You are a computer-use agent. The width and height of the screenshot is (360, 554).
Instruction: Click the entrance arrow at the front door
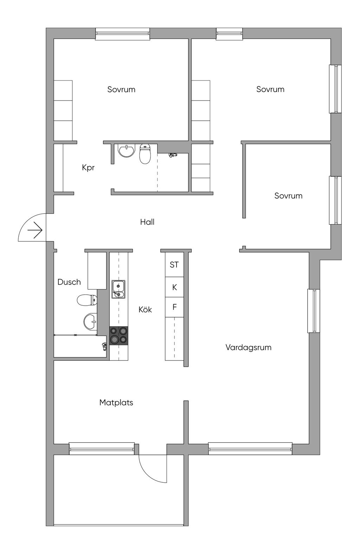pyautogui.click(x=35, y=231)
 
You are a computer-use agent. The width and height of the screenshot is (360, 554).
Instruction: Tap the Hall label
pyautogui.click(x=147, y=222)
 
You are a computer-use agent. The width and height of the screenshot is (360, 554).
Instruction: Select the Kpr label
pyautogui.click(x=88, y=168)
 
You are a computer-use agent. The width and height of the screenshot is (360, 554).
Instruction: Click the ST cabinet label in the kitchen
pyautogui.click(x=174, y=265)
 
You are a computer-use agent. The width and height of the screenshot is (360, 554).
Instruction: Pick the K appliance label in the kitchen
pyautogui.click(x=174, y=287)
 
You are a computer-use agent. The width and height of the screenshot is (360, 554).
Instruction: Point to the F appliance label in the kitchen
pyautogui.click(x=174, y=307)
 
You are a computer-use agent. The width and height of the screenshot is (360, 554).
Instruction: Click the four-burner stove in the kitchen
pyautogui.click(x=118, y=335)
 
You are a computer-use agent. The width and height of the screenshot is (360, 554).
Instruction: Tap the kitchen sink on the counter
pyautogui.click(x=118, y=289)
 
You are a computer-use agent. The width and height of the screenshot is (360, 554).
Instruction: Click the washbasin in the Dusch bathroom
pyautogui.click(x=90, y=321)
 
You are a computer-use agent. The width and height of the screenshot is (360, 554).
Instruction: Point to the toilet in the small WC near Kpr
pyautogui.click(x=145, y=154)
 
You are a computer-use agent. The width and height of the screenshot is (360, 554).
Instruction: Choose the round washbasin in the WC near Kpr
pyautogui.click(x=126, y=151)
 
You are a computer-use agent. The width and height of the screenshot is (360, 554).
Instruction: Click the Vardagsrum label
pyautogui.click(x=248, y=347)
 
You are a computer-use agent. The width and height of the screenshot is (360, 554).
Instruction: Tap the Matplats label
pyautogui.click(x=116, y=403)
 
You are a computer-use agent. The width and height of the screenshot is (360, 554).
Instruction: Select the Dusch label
pyautogui.click(x=69, y=282)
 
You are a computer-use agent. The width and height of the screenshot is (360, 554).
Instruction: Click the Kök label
pyautogui.click(x=145, y=309)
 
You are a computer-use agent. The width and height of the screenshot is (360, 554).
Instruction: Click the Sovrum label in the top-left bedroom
pyautogui.click(x=121, y=90)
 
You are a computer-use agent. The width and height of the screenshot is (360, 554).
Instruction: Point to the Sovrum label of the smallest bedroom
pyautogui.click(x=288, y=196)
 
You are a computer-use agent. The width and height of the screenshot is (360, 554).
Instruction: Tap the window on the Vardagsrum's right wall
pyautogui.click(x=314, y=311)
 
